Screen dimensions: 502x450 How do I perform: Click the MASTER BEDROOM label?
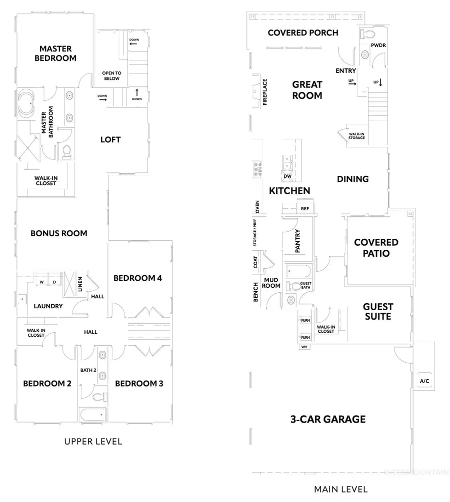click(55, 53)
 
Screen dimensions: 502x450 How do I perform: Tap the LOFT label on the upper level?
click(110, 139)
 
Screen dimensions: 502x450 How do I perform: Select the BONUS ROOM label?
click(58, 233)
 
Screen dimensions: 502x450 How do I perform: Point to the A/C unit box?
click(424, 381)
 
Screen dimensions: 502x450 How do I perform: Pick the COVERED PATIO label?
click(376, 248)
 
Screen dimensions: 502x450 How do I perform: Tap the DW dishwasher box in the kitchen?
click(287, 176)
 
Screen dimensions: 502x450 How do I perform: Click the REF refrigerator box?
click(304, 209)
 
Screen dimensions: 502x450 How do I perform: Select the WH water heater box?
click(304, 346)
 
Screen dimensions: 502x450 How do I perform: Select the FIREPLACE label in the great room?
click(265, 92)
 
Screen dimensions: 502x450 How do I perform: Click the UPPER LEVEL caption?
click(93, 442)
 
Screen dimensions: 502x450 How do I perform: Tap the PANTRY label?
click(297, 241)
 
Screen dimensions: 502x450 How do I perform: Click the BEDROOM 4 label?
click(137, 278)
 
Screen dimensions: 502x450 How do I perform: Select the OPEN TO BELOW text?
click(112, 75)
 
